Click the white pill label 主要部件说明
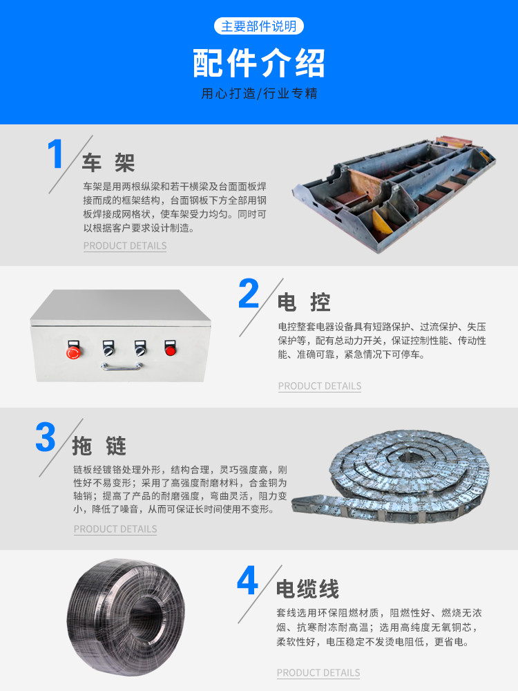click(259, 26)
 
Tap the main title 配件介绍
click(259, 63)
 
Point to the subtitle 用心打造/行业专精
click(259, 93)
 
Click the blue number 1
click(55, 153)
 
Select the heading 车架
click(108, 162)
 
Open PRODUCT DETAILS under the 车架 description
click(125, 246)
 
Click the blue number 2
click(248, 294)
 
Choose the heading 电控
click(303, 303)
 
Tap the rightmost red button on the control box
click(170, 350)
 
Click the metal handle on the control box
click(121, 367)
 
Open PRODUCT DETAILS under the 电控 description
click(320, 386)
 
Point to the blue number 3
click(46, 437)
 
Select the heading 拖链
click(99, 446)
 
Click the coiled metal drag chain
click(392, 477)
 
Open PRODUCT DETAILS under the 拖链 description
click(115, 529)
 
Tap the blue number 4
click(247, 580)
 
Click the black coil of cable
click(126, 617)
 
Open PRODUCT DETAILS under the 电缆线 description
click(318, 673)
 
